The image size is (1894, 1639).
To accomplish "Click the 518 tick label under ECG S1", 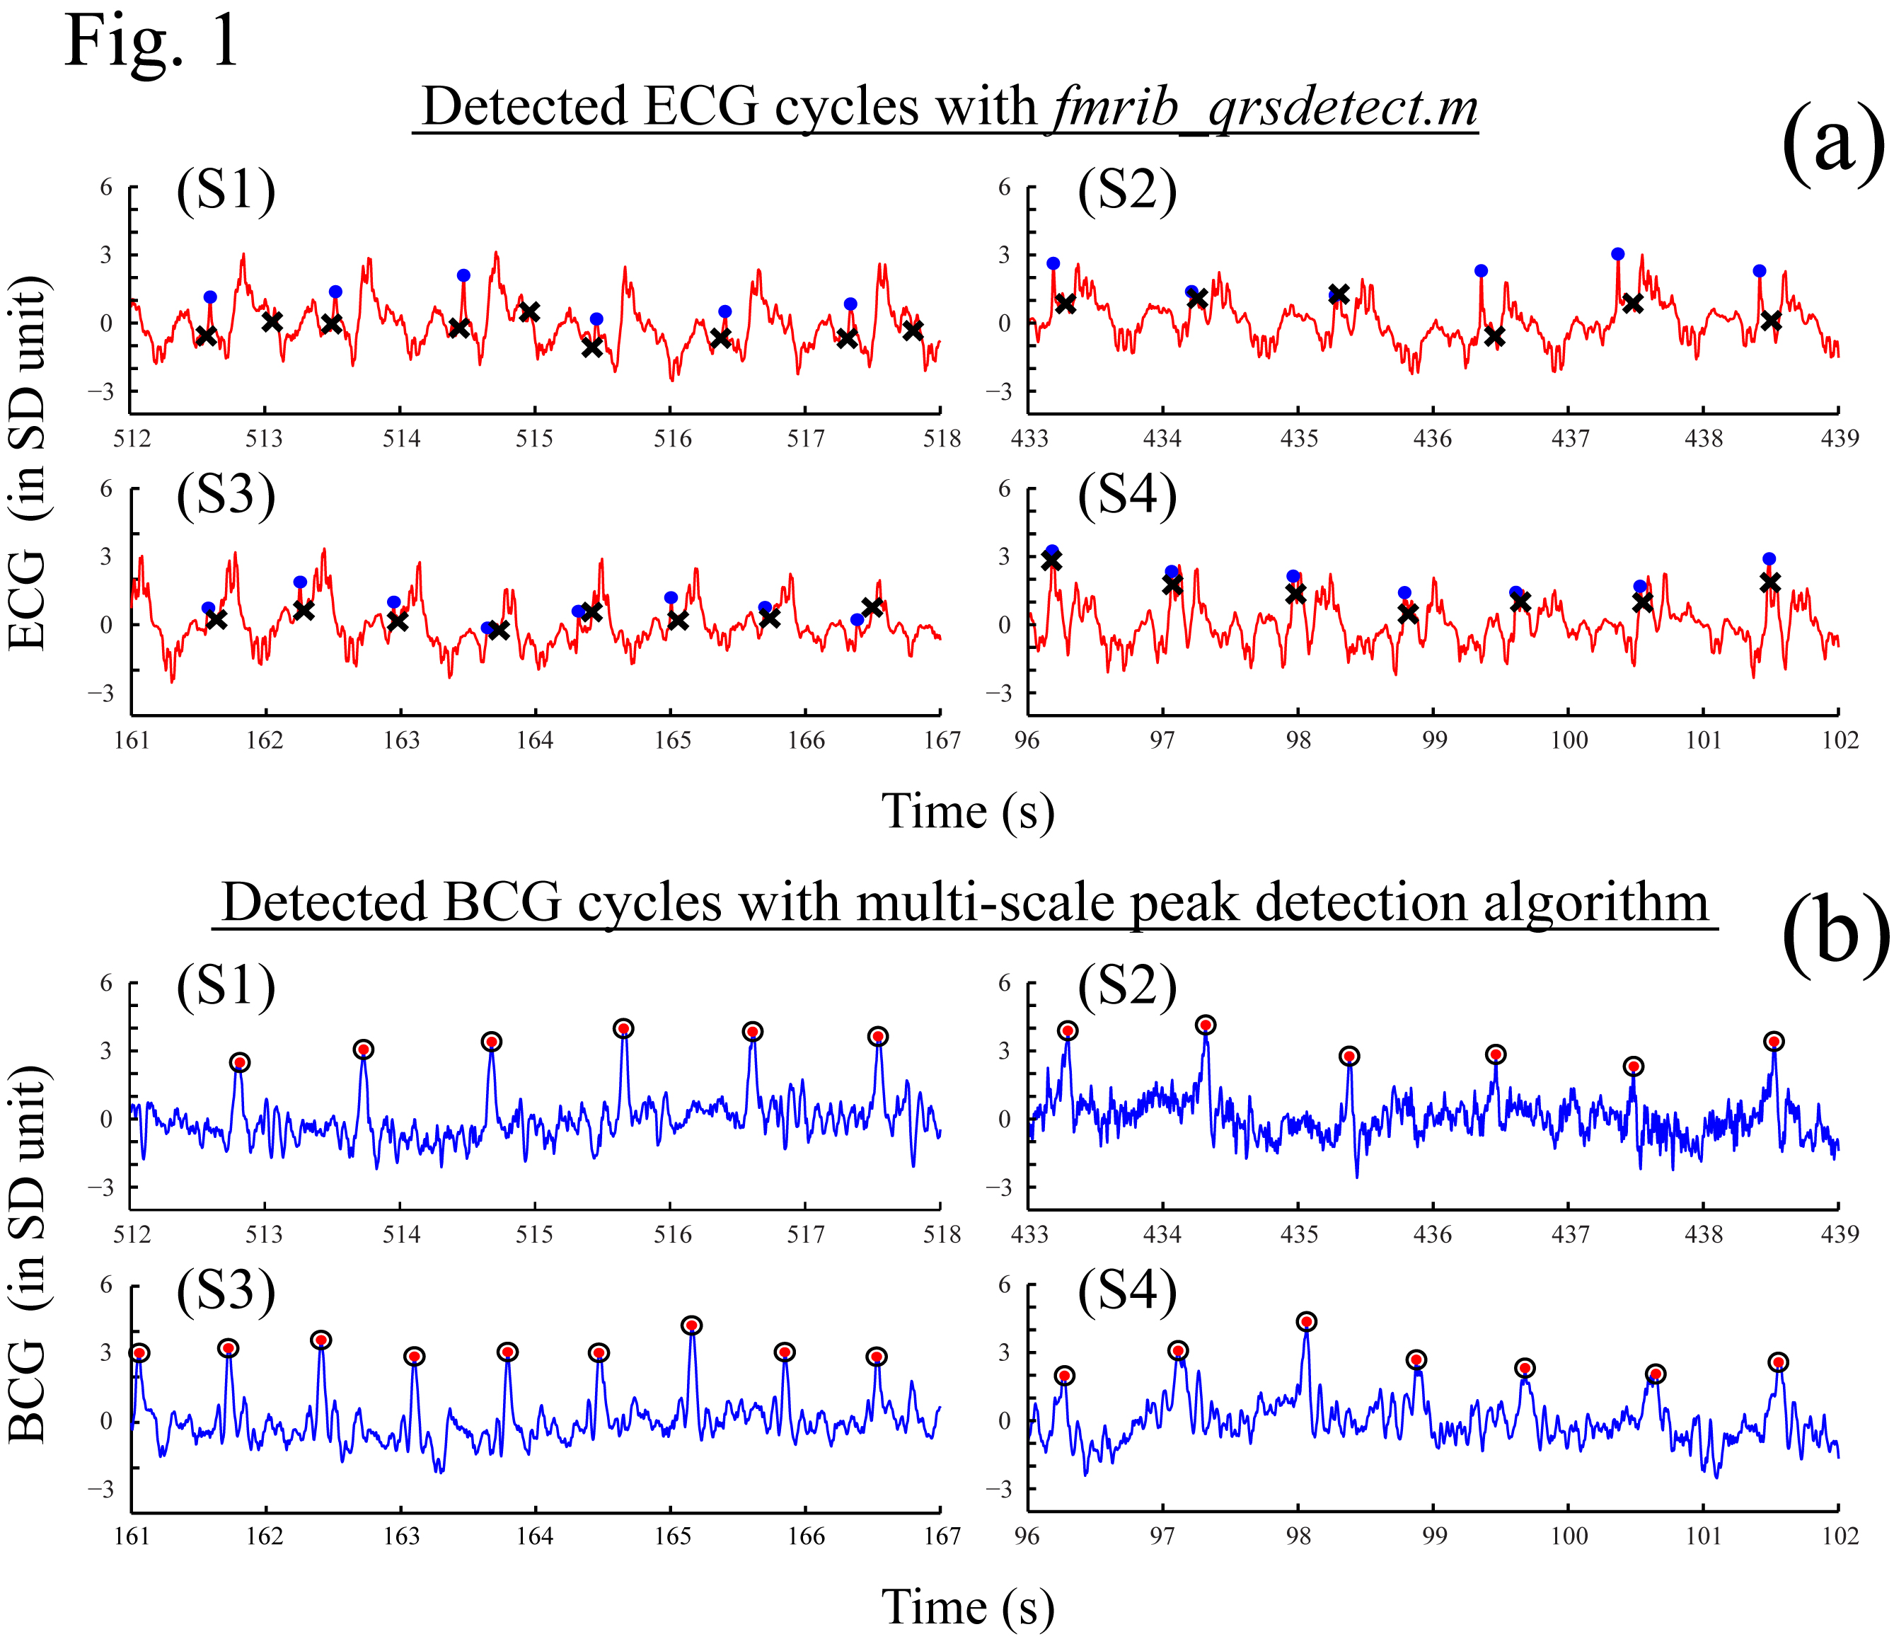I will pos(942,439).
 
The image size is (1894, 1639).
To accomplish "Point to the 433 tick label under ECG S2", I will pos(1029,439).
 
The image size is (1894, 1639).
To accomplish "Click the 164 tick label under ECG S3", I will pos(534,741).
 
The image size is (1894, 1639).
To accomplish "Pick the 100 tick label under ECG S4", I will pos(1569,741).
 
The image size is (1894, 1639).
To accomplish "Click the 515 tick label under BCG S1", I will pos(534,1235).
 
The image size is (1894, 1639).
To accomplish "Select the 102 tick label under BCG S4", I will pos(1839,1536).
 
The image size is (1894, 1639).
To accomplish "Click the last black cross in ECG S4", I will pos(1769,582).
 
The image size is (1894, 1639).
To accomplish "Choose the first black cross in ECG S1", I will pos(207,335).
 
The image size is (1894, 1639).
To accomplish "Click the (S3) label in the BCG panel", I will pos(226,1292).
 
